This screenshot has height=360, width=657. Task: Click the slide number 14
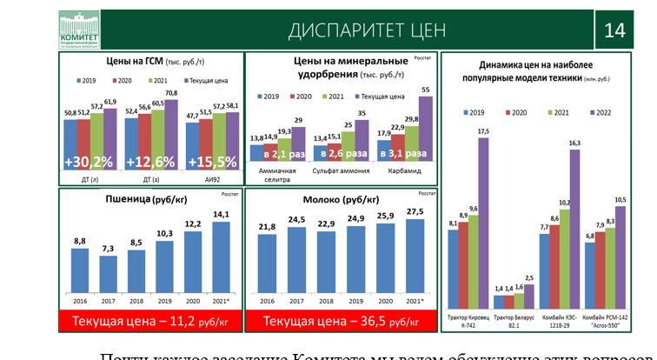pos(614,30)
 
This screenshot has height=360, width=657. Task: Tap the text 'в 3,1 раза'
pos(401,154)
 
